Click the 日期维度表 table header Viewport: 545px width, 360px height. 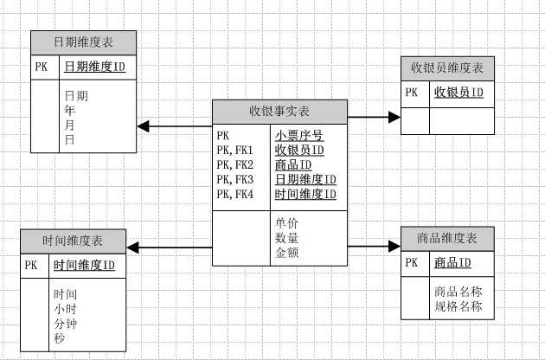tap(83, 42)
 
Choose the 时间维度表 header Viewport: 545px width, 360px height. tap(73, 241)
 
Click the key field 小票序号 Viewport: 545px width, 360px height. tap(299, 136)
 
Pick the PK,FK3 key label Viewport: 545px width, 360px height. tap(235, 180)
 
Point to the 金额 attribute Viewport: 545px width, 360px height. tap(287, 253)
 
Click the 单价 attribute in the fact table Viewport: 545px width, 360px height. tap(287, 222)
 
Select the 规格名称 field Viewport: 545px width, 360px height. tap(458, 306)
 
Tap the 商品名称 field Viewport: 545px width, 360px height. tap(458, 292)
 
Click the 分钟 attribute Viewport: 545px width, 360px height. tap(66, 324)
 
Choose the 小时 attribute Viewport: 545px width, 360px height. tap(66, 309)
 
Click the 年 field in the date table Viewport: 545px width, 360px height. tap(69, 111)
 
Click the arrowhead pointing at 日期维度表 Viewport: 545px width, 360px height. tap(144, 126)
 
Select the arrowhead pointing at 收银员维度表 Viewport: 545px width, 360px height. tap(395, 115)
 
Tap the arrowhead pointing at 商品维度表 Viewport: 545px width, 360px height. tap(394, 246)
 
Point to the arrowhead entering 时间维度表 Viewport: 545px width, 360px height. tap(134, 249)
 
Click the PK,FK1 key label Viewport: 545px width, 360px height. tap(235, 151)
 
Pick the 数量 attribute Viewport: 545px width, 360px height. tap(287, 238)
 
